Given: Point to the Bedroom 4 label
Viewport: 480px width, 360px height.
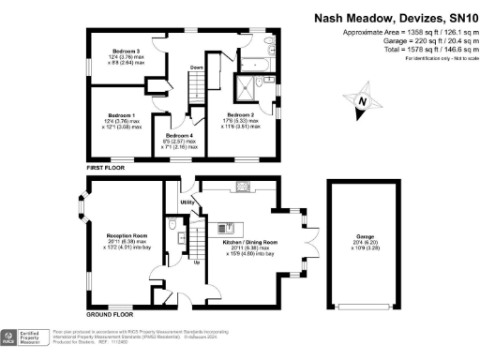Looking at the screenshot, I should [x=180, y=137].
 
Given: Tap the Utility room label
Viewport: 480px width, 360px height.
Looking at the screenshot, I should [x=187, y=202].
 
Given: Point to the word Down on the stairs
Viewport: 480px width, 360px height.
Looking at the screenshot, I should [x=197, y=68].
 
